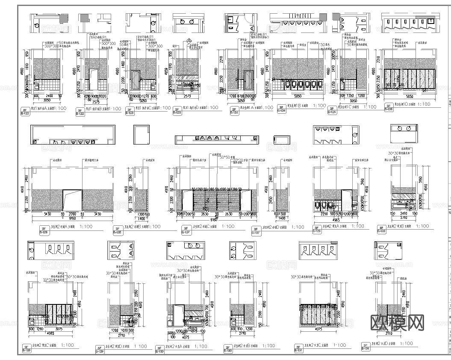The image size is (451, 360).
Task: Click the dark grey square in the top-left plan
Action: tap(64, 19)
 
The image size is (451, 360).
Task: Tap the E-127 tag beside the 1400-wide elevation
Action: tap(256, 231)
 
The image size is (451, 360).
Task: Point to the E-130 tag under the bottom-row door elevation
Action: tap(158, 350)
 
